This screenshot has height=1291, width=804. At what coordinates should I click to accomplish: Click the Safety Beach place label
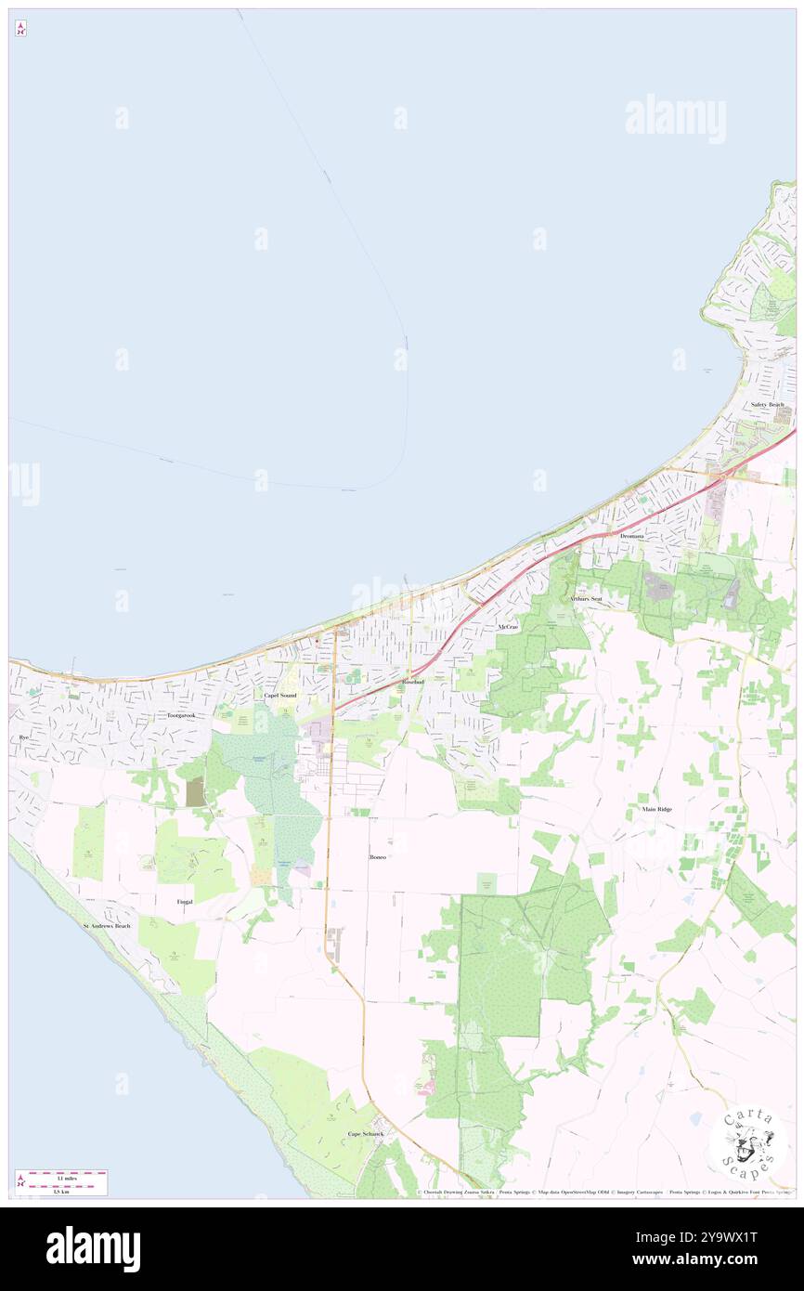(768, 405)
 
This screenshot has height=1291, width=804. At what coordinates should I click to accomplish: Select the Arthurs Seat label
(587, 599)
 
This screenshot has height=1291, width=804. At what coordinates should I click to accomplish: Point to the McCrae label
(507, 628)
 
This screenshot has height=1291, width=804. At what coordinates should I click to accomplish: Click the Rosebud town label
(413, 682)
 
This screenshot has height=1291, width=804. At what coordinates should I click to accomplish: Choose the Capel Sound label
(279, 695)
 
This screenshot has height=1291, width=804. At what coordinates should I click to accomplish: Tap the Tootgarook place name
(181, 715)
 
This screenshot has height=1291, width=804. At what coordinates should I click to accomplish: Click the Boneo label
(377, 856)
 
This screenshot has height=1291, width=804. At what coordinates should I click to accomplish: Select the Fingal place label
(185, 901)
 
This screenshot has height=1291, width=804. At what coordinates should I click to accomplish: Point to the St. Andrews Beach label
(108, 926)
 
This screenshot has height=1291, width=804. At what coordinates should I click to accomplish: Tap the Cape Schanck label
(365, 1134)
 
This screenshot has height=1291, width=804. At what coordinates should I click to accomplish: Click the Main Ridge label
(657, 809)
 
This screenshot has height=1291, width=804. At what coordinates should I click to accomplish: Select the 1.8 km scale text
(61, 1191)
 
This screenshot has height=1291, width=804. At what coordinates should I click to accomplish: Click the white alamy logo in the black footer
(93, 1249)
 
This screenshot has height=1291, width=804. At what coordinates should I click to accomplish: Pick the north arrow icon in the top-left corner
(20, 29)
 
